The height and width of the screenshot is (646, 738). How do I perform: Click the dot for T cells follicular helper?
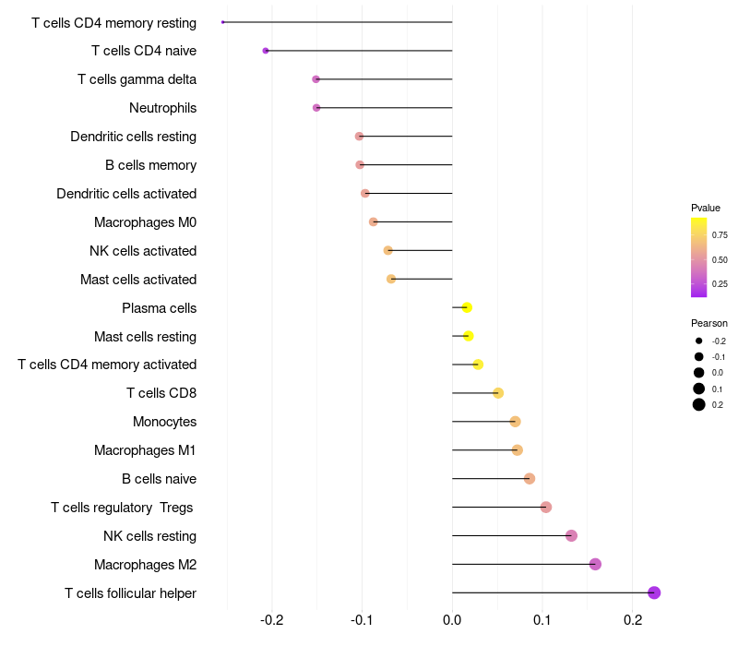pos(654,592)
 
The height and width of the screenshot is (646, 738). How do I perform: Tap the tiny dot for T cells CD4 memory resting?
pos(223,22)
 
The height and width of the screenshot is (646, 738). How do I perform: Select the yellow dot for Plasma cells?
pos(467,307)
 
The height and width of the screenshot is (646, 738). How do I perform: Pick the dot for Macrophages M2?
pos(595,564)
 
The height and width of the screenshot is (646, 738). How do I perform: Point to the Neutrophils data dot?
pos(316,108)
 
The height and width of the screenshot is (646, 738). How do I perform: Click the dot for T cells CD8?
pos(498,393)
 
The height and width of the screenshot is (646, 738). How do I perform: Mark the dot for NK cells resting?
pos(571,535)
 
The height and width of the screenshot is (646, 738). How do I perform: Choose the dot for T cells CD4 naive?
pos(266,51)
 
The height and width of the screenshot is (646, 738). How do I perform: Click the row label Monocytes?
pos(165,422)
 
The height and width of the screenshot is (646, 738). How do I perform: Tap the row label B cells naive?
pos(159,478)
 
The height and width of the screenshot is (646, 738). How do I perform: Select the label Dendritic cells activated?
pos(126,194)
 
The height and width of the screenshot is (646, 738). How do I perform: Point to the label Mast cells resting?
pos(146,337)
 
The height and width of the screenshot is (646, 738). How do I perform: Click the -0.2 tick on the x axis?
pos(272,620)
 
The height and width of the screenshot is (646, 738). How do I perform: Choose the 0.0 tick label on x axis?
pos(452,620)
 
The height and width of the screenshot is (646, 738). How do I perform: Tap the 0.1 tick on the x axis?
pos(542,620)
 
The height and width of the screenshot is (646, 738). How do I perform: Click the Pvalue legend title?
pos(706,208)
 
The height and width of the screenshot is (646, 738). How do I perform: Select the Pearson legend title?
pos(709,323)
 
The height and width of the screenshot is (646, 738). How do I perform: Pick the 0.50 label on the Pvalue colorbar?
pos(720,260)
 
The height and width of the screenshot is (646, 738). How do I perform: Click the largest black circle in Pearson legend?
pos(699,404)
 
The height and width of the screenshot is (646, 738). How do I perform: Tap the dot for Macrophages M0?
pos(374,221)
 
